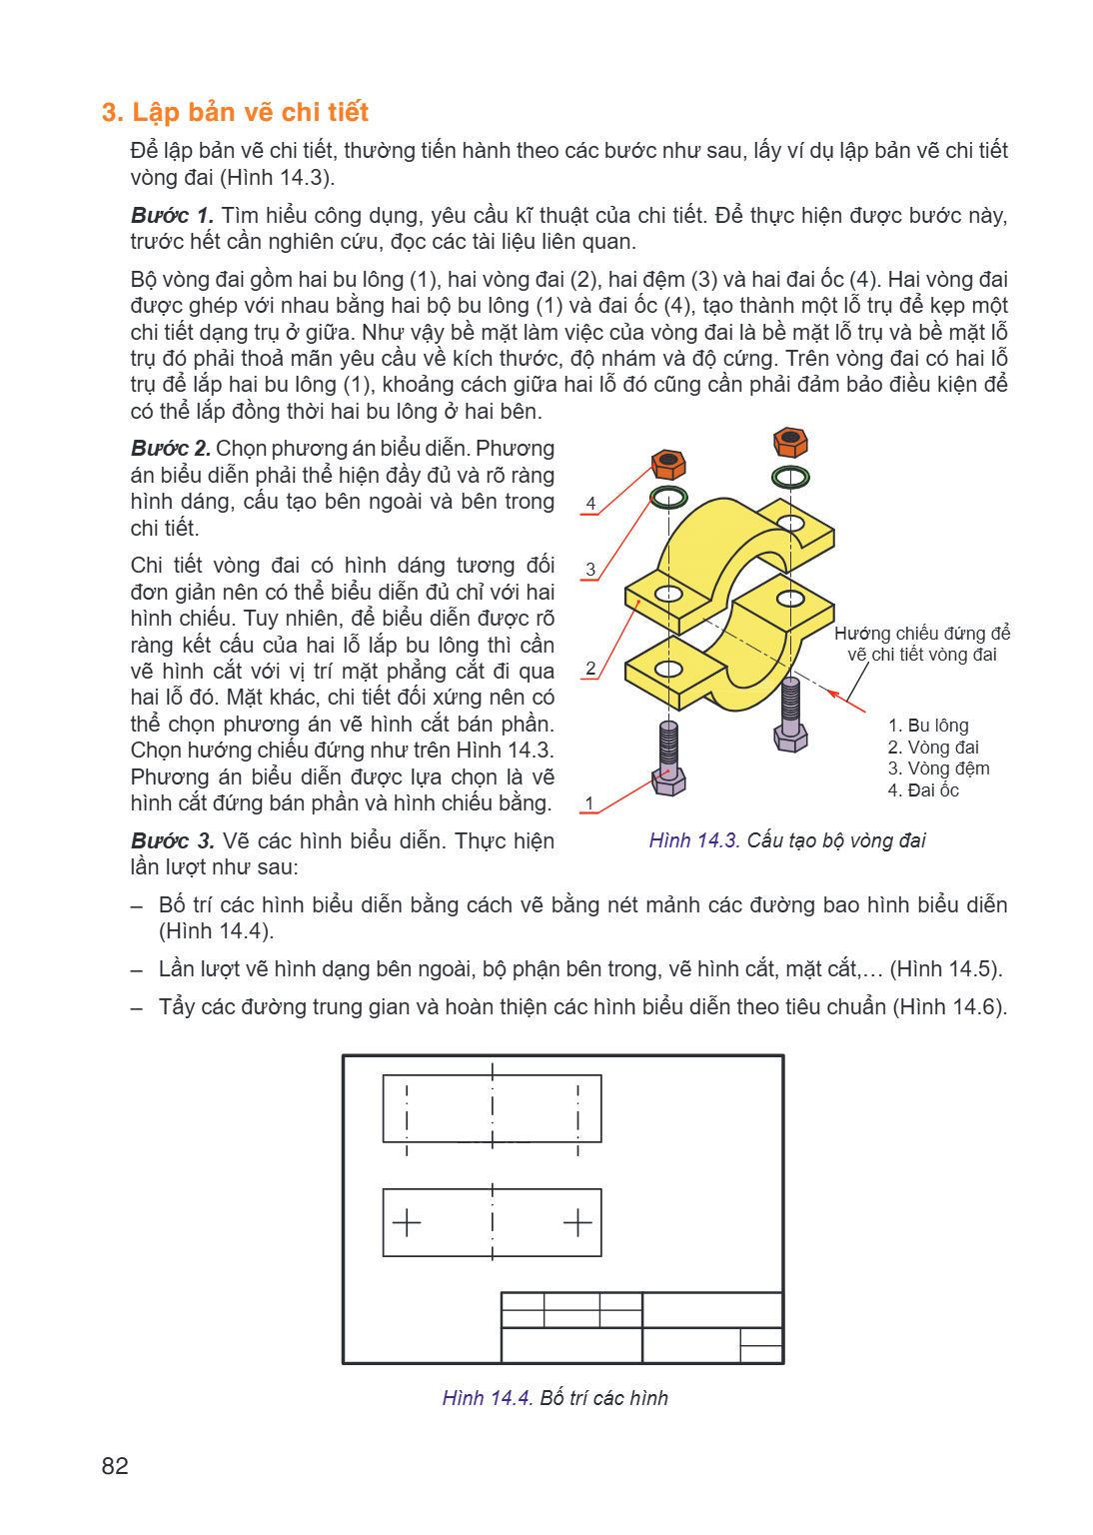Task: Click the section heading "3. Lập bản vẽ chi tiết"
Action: click(235, 112)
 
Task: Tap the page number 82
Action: click(115, 1465)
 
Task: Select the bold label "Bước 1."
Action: click(172, 215)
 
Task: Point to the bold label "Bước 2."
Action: click(171, 448)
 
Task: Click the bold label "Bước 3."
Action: click(173, 840)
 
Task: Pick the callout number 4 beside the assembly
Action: click(590, 504)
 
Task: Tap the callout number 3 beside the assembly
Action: click(590, 570)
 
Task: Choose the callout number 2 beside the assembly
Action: click(590, 669)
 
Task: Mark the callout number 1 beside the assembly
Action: click(589, 803)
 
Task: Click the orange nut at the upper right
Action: click(791, 442)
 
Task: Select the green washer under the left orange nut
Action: click(668, 498)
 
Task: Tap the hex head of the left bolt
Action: click(668, 781)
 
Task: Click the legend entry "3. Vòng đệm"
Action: click(938, 768)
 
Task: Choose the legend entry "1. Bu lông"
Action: click(928, 726)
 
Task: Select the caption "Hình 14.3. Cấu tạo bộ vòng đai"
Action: click(787, 840)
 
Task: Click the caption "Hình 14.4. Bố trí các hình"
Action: click(555, 1398)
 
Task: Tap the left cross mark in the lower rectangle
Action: click(407, 1223)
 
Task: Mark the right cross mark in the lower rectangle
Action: click(577, 1223)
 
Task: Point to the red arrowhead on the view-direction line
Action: click(834, 695)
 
